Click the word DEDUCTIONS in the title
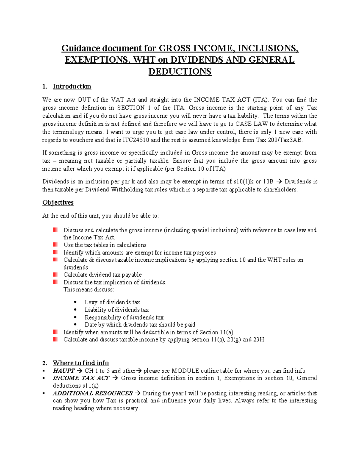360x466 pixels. pos(180,71)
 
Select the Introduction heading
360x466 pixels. pos(72,86)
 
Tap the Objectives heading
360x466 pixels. pos(58,203)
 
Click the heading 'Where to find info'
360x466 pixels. pos(80,363)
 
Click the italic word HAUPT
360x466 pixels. pos(64,371)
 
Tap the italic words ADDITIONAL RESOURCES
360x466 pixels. pos(93,393)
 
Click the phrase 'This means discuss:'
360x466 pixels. pos(88,290)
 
